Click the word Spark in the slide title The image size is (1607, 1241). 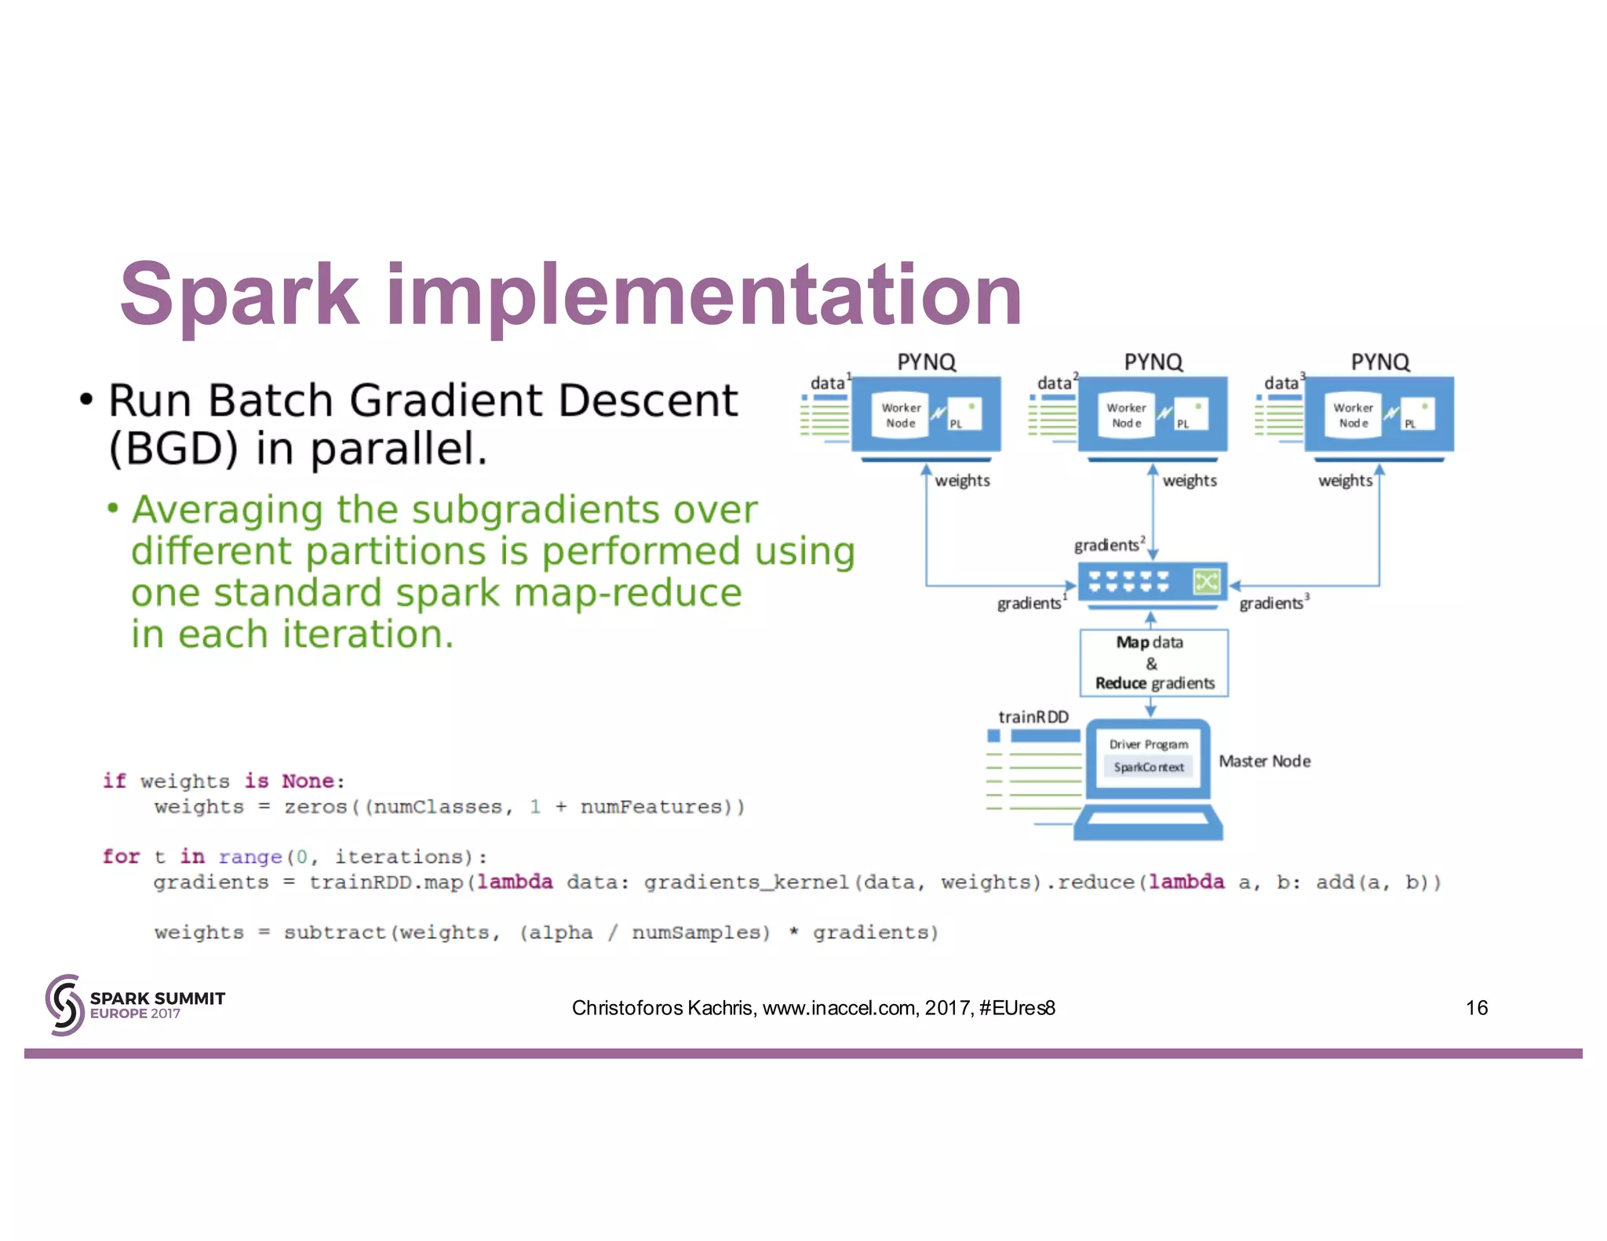pos(239,295)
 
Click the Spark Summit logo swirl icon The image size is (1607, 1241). pos(64,1005)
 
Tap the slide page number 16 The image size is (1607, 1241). pos(1476,1007)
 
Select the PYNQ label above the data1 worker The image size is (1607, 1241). pos(926,362)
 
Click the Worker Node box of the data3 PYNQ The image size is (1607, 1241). pos(1353,415)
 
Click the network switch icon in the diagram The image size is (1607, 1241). pos(1151,583)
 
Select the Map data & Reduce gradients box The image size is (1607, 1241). pos(1153,663)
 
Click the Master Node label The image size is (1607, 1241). pos(1264,761)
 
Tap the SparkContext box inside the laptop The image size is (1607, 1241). pos(1148,767)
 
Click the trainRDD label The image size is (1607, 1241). pos(1033,717)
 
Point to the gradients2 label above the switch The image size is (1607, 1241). pos(1108,544)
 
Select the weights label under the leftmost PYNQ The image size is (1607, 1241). pos(962,480)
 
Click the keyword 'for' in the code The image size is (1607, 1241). pos(120,856)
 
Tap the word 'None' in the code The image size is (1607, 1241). pos(308,781)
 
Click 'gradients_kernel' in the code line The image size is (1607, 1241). pos(746,883)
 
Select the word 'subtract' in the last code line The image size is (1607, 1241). pos(335,933)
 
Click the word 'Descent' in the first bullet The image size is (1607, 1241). pos(647,401)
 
